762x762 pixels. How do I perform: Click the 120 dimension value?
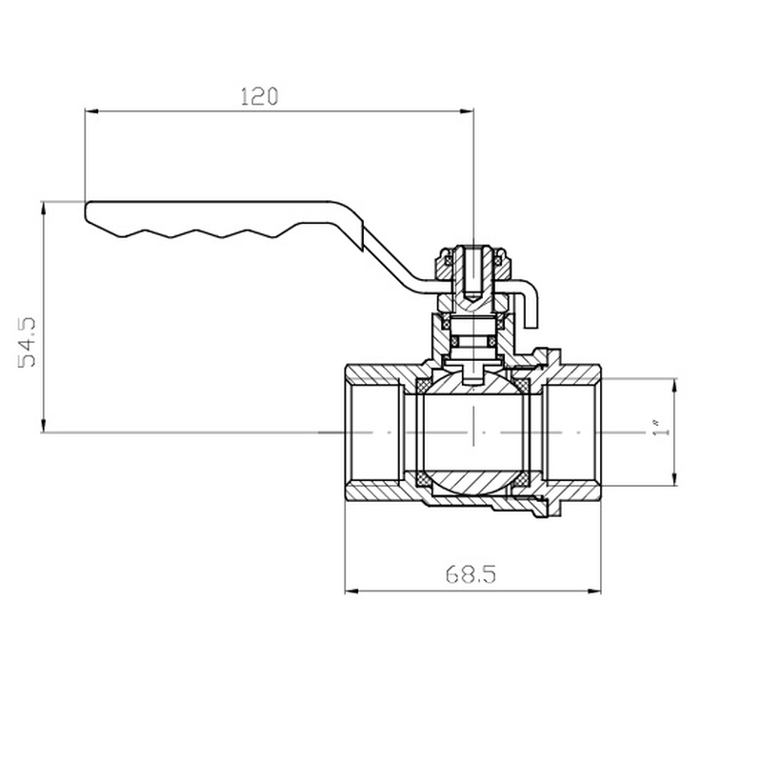click(258, 96)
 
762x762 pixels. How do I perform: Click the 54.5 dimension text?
click(28, 343)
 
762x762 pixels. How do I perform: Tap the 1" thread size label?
click(657, 431)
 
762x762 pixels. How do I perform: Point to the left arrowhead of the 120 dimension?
click(90, 112)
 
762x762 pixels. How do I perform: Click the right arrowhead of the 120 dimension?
click(468, 112)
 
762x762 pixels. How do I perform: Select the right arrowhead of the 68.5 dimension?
click(595, 591)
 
